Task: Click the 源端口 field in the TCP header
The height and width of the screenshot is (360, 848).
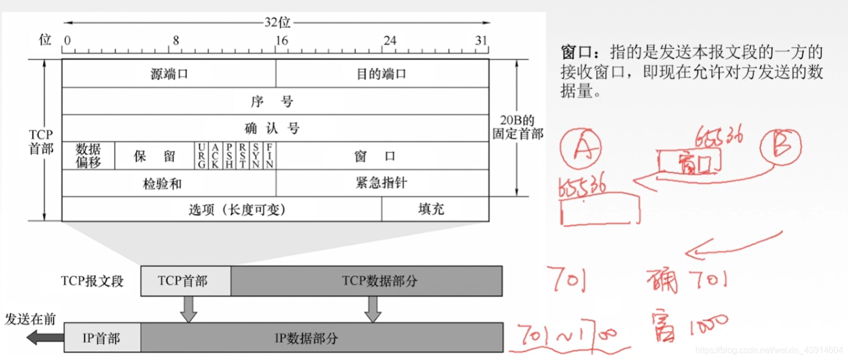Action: pos(169,74)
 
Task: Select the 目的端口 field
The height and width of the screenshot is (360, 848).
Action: pos(382,74)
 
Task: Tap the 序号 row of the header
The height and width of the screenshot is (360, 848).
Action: pos(275,102)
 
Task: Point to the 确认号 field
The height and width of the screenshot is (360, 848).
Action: pos(275,129)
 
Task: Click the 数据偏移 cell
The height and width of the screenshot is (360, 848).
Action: pos(89,156)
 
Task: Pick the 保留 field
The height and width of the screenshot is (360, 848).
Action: pos(155,156)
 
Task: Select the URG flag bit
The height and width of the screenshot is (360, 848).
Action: pos(202,156)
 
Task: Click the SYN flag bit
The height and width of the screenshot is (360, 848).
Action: pos(255,156)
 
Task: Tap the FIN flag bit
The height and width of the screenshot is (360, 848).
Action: pos(269,156)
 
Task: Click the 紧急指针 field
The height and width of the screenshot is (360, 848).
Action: pos(382,184)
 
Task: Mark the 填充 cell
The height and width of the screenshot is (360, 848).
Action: pos(431,209)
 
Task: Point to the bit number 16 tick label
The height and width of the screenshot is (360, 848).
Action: pos(281,41)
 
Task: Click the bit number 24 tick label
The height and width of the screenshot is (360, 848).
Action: pos(390,41)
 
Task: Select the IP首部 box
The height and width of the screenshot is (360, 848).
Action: pos(102,338)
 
